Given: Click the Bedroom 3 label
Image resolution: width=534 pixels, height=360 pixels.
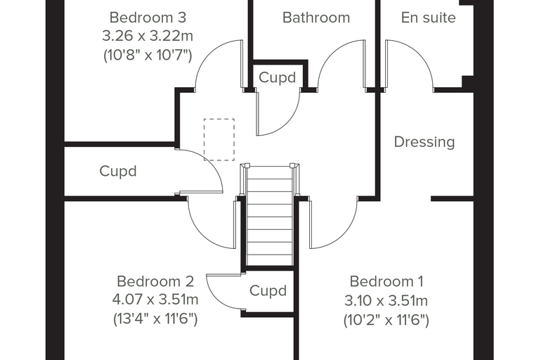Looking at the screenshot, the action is (x=148, y=18).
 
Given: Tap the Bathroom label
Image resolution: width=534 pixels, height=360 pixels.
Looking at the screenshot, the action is (x=316, y=18).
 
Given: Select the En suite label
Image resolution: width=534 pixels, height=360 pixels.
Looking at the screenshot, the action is (x=429, y=18).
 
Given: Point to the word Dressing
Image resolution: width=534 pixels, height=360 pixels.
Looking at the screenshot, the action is (x=424, y=142).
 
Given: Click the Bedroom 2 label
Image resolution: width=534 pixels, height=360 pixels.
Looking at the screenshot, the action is (x=155, y=281).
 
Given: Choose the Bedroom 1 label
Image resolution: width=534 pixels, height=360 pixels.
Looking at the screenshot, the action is (x=386, y=281).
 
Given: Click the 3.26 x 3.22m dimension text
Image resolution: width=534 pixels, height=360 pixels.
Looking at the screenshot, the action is (x=148, y=36).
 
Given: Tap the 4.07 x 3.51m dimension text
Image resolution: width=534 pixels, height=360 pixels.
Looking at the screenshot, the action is (x=155, y=300).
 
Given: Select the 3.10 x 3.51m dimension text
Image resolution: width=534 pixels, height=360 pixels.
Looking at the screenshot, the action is (x=386, y=301).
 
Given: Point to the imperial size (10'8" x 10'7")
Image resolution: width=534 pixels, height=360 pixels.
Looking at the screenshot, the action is (x=148, y=55).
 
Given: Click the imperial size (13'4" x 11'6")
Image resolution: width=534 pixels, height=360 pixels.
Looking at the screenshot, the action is (x=155, y=319).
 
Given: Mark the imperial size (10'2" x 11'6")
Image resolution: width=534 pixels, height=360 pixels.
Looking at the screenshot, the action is (x=386, y=320).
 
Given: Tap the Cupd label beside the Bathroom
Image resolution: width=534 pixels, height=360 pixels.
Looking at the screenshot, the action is (x=278, y=78).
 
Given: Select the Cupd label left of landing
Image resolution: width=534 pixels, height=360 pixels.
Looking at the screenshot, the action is (x=118, y=171).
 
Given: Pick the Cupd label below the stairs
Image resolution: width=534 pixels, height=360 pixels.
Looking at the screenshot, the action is (x=268, y=291).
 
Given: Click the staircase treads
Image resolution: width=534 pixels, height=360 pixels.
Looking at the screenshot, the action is (x=269, y=215).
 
